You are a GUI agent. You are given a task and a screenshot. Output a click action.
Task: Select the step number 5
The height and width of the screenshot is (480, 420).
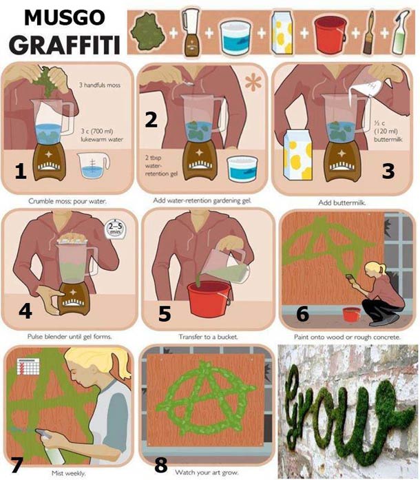165,314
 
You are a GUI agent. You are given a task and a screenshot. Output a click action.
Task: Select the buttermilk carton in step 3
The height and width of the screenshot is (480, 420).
298,160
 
